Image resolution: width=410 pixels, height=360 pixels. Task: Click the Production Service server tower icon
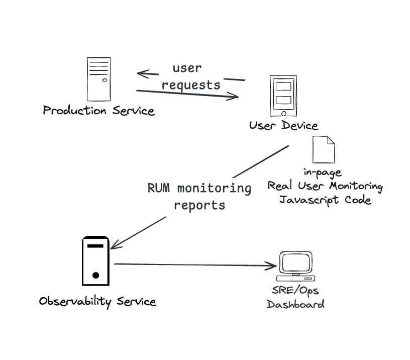[98, 79]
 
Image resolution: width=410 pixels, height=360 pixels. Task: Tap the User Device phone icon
[281, 96]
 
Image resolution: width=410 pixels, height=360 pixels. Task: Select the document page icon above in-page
[324, 149]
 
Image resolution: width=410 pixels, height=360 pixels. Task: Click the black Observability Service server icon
[95, 260]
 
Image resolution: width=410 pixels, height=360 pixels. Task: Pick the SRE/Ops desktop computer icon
[296, 267]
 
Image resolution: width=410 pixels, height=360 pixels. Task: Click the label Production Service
[98, 110]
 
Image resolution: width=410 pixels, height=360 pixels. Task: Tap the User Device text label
[283, 126]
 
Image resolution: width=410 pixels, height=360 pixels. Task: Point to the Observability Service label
[97, 302]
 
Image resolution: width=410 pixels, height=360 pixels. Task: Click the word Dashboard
[295, 304]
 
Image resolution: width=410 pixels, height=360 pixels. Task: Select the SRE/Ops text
[295, 291]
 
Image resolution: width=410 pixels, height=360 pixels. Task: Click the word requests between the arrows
[191, 84]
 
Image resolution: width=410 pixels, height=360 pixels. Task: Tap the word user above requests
[187, 68]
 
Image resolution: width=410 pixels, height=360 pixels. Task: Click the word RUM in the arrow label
[158, 189]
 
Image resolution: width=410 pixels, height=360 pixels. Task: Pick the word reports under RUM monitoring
[199, 205]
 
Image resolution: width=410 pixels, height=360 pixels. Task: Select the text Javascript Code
[325, 200]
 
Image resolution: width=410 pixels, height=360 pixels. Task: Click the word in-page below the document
[322, 172]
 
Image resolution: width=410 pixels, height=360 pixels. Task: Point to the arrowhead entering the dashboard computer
[274, 265]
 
